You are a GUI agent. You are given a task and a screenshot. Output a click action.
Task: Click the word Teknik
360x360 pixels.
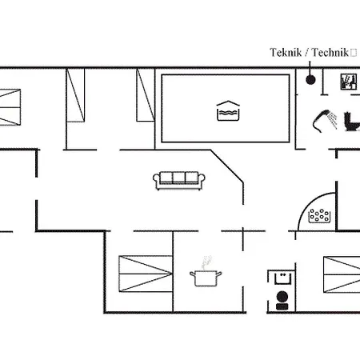[x=286, y=52]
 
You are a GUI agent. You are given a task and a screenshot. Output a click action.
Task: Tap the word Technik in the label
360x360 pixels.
[x=330, y=52]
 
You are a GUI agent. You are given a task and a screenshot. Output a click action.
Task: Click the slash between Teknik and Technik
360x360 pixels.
[x=307, y=53]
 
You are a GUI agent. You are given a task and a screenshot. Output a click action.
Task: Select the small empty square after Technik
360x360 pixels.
[x=354, y=53]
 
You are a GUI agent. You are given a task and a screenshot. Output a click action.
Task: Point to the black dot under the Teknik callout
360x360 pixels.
[x=310, y=79]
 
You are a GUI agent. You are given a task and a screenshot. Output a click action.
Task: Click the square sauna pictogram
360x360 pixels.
[x=349, y=82]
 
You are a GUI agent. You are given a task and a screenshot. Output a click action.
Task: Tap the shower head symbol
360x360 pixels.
[x=325, y=121]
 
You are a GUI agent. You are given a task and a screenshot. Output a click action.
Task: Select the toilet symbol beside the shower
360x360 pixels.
[x=351, y=122]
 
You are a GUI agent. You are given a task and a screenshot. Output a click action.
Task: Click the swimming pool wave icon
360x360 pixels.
[x=228, y=110]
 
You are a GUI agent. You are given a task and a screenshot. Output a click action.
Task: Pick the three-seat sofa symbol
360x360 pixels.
[x=179, y=181]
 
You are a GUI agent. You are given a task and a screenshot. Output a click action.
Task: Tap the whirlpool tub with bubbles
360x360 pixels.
[x=319, y=216]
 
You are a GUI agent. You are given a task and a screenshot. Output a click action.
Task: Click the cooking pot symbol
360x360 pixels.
[x=206, y=278]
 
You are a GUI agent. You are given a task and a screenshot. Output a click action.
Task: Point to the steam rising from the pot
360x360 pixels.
[x=206, y=262]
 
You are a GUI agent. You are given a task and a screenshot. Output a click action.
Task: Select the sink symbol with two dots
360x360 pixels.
[x=282, y=278]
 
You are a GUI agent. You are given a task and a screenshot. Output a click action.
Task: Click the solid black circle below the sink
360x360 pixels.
[x=282, y=297]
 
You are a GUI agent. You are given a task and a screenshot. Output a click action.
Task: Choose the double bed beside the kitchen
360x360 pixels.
[x=146, y=274]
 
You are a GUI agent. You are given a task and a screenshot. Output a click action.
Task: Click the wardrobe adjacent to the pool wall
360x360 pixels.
[x=146, y=95]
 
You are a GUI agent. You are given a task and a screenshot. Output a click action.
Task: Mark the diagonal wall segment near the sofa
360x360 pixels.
[x=227, y=166]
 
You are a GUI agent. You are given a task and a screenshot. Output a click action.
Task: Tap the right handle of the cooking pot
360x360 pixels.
[x=219, y=274]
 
